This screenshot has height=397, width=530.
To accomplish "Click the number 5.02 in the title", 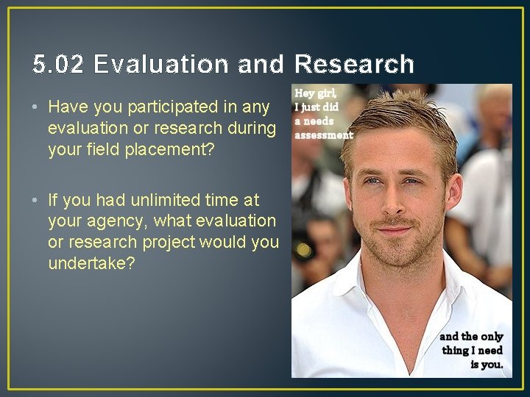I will pyautogui.click(x=59, y=65).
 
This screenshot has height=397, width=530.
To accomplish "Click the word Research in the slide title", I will pyautogui.click(x=354, y=65).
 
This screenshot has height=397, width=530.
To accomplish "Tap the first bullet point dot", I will pyautogui.click(x=36, y=107).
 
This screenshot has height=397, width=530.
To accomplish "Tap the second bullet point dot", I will pyautogui.click(x=36, y=200).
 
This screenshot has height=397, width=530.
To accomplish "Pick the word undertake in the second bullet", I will pyautogui.click(x=91, y=262).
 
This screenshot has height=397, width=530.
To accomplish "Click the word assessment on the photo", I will pyautogui.click(x=324, y=135).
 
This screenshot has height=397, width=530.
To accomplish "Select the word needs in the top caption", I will pyautogui.click(x=319, y=121).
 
